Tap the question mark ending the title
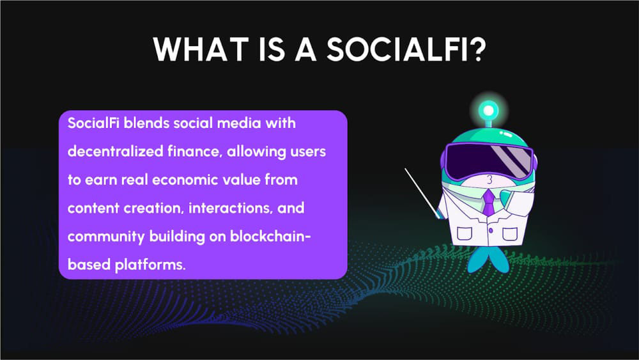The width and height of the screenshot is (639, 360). coord(473,49)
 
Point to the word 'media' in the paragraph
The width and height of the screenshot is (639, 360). coord(246,123)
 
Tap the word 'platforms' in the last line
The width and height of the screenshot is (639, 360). coord(152,264)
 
